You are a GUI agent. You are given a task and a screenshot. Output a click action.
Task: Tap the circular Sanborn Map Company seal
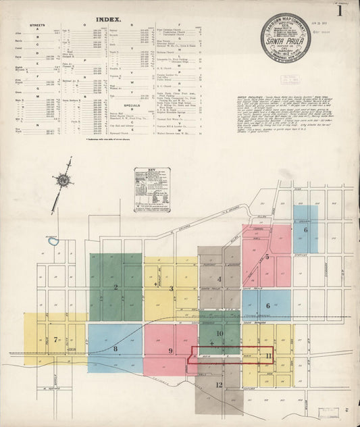coord(286,38)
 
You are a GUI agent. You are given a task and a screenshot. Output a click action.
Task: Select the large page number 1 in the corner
coord(340,11)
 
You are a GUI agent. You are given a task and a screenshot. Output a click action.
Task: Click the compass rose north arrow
coord(63,180)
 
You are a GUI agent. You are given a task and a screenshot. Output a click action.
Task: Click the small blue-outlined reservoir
coord(53,241)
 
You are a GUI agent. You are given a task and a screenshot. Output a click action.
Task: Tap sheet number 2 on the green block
coord(115,286)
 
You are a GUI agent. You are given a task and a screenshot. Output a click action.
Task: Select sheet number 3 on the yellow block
coord(172,288)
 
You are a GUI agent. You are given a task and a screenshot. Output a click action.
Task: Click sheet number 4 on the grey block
coord(219,278)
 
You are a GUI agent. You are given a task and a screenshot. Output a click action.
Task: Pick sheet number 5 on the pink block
coord(267,257)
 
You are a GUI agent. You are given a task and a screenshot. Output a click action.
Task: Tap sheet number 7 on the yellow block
coord(55,340)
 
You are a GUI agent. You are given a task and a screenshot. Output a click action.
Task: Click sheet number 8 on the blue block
coord(115,349)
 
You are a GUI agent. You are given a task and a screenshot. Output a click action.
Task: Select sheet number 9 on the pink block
coord(171,351)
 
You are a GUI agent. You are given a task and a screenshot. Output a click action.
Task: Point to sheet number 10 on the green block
coord(220,334)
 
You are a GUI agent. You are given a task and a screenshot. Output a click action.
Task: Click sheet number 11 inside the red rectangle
coord(269,355)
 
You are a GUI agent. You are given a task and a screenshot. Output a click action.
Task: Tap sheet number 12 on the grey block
coord(219,384)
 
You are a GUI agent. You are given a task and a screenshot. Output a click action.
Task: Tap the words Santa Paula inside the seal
coord(286,40)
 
